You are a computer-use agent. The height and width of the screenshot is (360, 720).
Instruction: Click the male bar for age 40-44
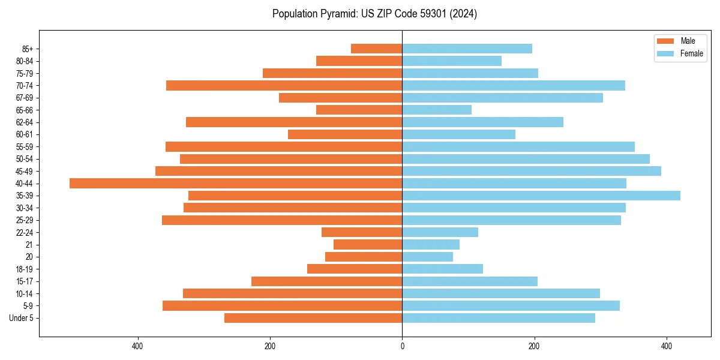[236, 184]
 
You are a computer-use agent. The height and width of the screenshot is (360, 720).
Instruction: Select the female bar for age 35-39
[541, 196]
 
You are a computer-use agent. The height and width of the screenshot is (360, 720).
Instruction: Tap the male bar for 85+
[376, 49]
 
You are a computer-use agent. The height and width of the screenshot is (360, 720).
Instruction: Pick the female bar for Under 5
[499, 318]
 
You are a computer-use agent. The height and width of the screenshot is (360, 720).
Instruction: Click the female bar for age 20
[427, 257]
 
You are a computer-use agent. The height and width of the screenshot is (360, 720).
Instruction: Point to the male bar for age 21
[368, 245]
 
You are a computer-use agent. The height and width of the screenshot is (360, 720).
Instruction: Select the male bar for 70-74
[284, 86]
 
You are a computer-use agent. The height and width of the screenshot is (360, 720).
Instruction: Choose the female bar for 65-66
[437, 110]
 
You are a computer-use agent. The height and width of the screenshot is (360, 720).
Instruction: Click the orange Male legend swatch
[665, 41]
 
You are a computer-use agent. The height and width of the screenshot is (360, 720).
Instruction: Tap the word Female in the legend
[692, 53]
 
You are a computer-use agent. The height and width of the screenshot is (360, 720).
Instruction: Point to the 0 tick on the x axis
[402, 346]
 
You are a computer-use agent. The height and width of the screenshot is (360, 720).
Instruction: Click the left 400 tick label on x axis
[138, 346]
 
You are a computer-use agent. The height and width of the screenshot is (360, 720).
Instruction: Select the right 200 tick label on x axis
[534, 346]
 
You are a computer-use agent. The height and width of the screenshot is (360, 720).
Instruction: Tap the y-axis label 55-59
[25, 147]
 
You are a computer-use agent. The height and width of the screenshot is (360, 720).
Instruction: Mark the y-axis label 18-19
[25, 269]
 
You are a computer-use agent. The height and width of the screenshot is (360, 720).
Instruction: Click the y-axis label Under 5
[22, 318]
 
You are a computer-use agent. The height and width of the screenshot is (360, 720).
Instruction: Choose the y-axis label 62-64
[25, 122]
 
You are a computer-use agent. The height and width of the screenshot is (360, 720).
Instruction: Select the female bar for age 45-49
[532, 171]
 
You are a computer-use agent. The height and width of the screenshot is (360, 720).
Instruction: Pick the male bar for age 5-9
[282, 306]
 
